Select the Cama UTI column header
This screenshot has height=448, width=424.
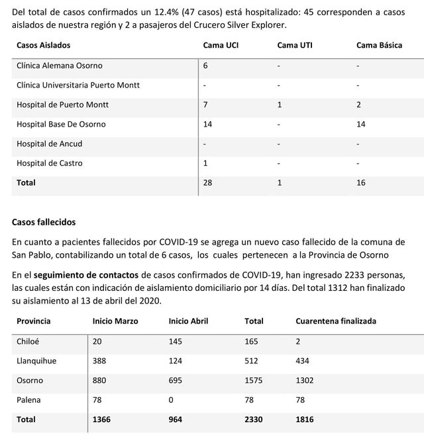coord(295,45)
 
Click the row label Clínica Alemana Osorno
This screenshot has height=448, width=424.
coord(60,66)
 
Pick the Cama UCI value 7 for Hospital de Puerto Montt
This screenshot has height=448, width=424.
coord(205,105)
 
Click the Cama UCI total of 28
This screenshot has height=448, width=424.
coord(207,182)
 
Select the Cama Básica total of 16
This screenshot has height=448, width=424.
coord(361,182)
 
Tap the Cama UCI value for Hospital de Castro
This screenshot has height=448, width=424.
coord(205,163)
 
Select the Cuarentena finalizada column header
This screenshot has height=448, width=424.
coord(336,321)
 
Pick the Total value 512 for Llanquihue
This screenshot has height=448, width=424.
coord(252,361)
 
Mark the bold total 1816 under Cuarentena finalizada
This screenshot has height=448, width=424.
coord(305,420)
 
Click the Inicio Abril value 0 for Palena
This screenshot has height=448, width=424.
coord(172,400)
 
